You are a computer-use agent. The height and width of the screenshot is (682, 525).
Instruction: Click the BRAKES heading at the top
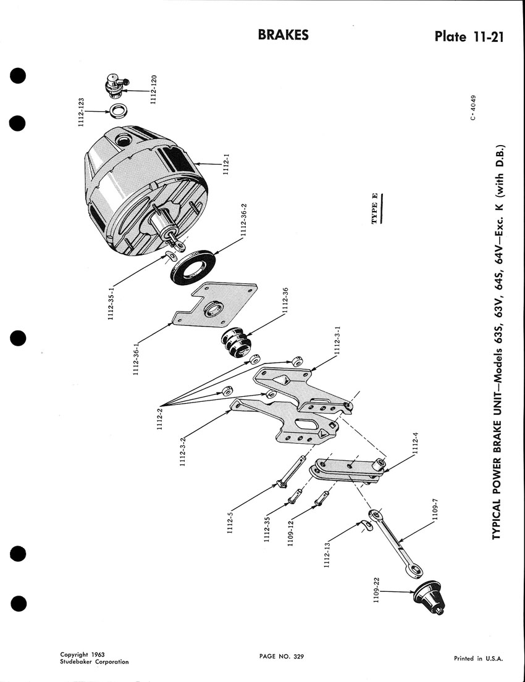[x=283, y=35]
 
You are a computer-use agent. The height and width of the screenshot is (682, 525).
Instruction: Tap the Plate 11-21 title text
[x=468, y=36]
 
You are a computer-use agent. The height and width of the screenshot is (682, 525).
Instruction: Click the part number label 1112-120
[x=153, y=89]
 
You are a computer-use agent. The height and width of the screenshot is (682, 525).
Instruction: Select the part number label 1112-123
[x=80, y=112]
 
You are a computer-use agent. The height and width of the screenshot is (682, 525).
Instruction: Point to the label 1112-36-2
[x=244, y=220]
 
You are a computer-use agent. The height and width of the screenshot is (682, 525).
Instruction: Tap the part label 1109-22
[x=377, y=590]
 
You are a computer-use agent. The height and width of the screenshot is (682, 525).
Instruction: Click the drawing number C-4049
[x=474, y=108]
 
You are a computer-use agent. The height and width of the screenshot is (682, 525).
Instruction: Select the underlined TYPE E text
[x=375, y=209]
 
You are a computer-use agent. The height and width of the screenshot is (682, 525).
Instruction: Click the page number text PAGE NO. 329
[x=281, y=656]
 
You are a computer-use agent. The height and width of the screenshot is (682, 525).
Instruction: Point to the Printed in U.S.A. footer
[x=479, y=659]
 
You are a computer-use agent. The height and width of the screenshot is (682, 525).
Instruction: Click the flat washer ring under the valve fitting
[x=118, y=111]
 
